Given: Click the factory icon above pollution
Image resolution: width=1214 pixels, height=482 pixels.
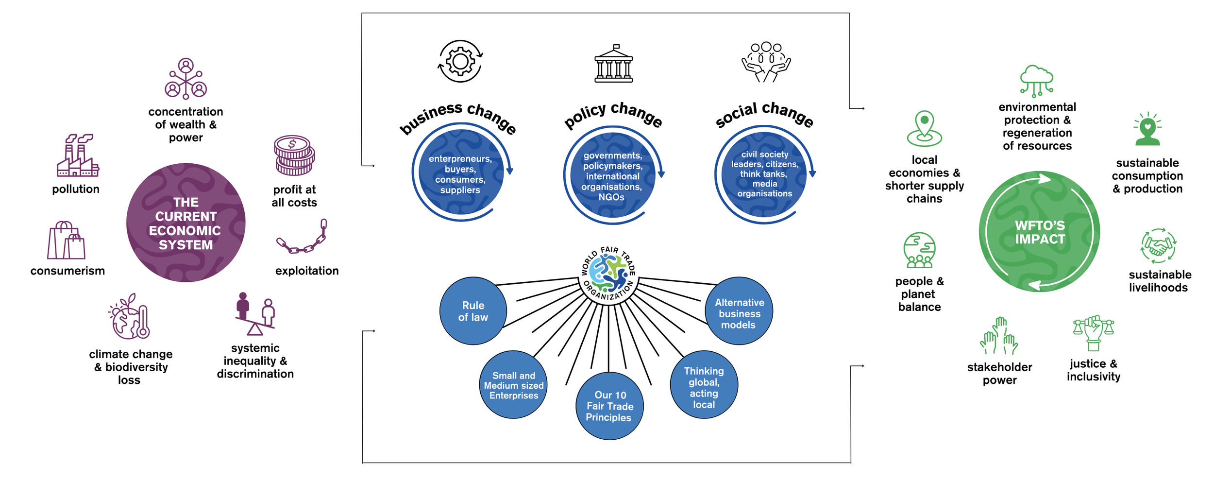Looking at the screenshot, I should pyautogui.click(x=78, y=155).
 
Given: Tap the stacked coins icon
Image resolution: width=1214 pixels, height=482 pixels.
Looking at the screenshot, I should pyautogui.click(x=294, y=155).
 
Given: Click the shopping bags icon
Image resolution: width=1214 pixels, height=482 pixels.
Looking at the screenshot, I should pyautogui.click(x=66, y=241).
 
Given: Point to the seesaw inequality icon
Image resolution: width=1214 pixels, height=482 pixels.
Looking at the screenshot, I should pyautogui.click(x=255, y=314).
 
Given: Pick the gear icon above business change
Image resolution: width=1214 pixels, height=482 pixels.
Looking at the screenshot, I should pyautogui.click(x=460, y=61).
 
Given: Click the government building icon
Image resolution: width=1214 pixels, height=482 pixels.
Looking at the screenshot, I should pyautogui.click(x=614, y=64).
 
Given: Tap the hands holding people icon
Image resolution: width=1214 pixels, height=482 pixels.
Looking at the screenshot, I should pyautogui.click(x=766, y=62).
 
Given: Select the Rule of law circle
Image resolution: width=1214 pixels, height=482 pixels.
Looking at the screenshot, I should pyautogui.click(x=473, y=311).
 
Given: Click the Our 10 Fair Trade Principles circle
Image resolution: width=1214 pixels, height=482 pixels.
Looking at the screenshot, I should pyautogui.click(x=609, y=406).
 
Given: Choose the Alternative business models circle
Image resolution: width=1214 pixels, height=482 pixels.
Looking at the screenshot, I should pyautogui.click(x=739, y=311).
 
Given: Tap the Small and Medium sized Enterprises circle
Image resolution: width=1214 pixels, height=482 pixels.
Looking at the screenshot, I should pyautogui.click(x=513, y=385).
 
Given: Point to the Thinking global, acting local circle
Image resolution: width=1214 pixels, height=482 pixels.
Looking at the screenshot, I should pyautogui.click(x=704, y=385).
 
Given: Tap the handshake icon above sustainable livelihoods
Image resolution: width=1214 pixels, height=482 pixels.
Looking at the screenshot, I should pyautogui.click(x=1158, y=246).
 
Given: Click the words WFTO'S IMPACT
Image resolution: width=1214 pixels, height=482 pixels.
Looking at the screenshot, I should pyautogui.click(x=1040, y=232).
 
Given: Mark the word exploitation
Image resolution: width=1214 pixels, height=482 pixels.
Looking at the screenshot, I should pyautogui.click(x=307, y=271).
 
